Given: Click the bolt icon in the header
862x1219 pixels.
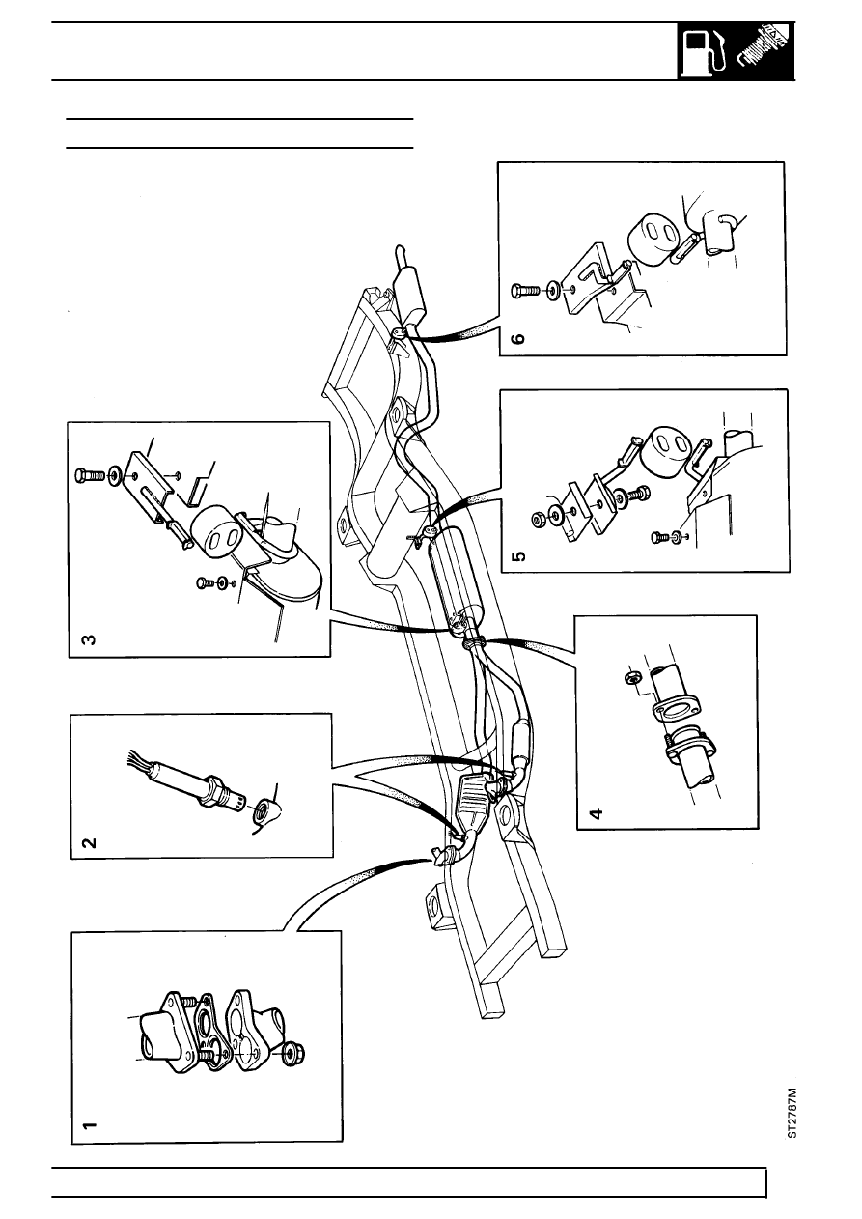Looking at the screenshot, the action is click(x=765, y=52).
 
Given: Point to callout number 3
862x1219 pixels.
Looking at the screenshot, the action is click(x=89, y=638).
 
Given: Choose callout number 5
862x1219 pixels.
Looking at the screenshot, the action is click(x=520, y=556).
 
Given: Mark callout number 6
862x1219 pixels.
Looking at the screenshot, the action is click(x=519, y=339).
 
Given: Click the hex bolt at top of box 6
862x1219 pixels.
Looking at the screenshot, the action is click(x=525, y=291).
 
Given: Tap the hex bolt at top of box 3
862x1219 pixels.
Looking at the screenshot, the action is click(x=91, y=475).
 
